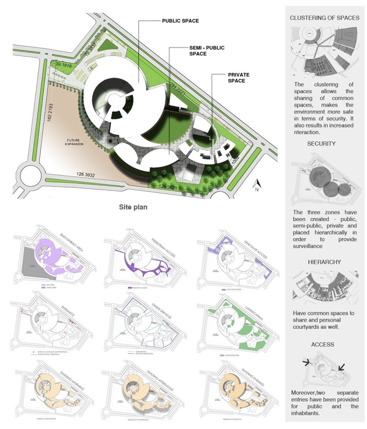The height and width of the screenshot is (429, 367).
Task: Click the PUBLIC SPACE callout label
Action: tap(180, 21)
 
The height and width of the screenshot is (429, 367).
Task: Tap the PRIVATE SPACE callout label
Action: tap(239, 78)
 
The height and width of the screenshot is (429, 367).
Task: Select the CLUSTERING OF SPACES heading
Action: tap(325, 18)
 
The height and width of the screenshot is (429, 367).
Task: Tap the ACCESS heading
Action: tap(323, 344)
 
